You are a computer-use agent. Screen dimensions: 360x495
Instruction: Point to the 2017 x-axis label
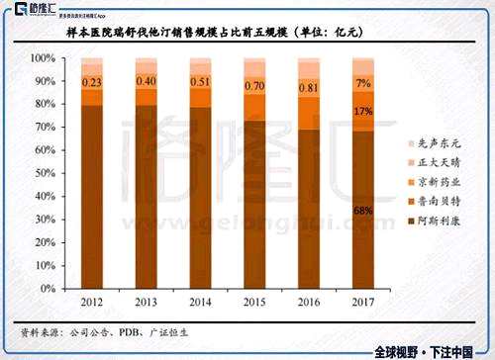361,301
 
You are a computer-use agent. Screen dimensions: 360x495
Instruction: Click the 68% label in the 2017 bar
362,211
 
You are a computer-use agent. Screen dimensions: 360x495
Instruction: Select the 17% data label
362,112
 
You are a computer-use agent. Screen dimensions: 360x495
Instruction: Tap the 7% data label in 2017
362,82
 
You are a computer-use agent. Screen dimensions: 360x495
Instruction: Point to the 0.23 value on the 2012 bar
92,82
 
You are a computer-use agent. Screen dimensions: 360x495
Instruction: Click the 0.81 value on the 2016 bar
308,87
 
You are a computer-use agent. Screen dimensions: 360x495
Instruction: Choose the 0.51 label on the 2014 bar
200,82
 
